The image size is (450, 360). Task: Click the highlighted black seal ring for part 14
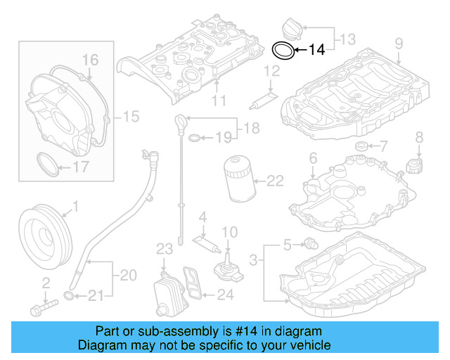pos(283,50)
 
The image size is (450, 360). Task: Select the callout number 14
pos(316,50)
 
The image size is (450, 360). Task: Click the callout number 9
pos(399,44)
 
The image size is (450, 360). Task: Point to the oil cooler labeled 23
pos(164,291)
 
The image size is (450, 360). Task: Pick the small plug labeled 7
pos(362,146)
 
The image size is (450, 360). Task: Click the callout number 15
pos(131,115)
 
